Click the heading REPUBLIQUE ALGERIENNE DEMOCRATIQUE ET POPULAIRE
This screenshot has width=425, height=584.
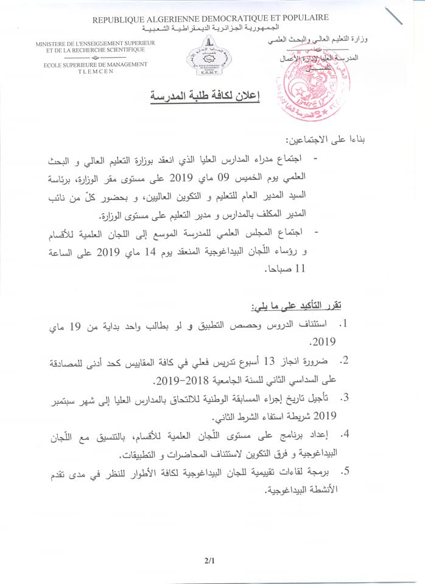click(210, 19)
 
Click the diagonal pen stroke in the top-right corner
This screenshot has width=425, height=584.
click(394, 16)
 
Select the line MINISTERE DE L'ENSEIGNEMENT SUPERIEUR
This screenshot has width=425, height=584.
click(96, 43)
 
